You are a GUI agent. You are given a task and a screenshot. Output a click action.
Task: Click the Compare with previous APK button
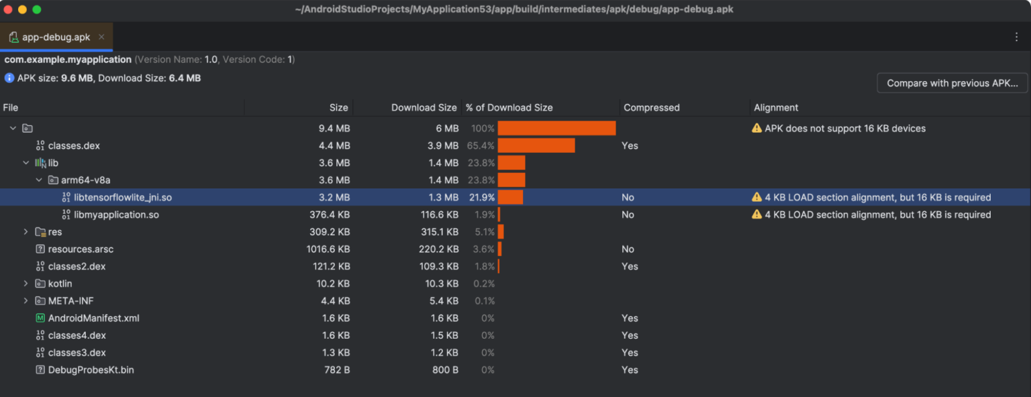pos(952,83)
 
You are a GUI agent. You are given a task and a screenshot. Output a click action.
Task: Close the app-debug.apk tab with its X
pos(101,37)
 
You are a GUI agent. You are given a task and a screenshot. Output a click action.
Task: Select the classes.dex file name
pos(74,146)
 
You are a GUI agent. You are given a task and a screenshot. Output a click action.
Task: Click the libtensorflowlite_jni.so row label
pos(123,197)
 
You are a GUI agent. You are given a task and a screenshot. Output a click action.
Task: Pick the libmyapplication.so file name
pos(116,215)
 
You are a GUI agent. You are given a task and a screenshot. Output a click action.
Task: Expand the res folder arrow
pos(26,232)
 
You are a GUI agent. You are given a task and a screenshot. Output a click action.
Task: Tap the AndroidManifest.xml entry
pos(93,318)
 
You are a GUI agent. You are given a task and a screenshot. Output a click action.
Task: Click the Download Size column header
pos(424,107)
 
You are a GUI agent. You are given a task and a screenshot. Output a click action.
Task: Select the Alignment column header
pos(776,107)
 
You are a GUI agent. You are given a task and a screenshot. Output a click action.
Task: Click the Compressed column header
pos(651,107)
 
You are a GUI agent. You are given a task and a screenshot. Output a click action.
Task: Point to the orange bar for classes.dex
pos(536,146)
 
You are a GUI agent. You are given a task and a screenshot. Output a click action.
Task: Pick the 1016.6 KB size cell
pos(328,249)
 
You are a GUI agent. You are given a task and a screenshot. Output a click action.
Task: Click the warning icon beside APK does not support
pos(756,128)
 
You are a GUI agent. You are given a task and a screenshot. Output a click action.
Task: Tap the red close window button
pos(8,9)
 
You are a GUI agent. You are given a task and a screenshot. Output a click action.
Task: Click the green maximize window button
pos(36,9)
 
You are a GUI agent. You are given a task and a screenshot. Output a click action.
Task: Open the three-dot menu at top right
pos(1017,37)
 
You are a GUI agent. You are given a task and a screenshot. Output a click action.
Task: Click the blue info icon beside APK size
pos(9,78)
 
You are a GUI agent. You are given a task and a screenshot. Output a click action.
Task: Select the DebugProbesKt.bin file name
pos(91,370)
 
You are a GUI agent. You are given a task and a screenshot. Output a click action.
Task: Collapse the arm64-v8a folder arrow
pos(39,180)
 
